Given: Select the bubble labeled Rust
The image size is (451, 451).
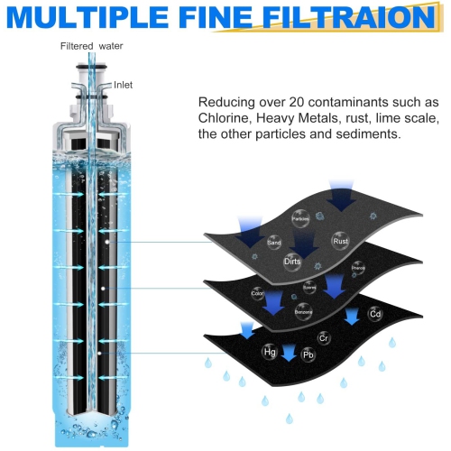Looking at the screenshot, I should pyautogui.click(x=341, y=241).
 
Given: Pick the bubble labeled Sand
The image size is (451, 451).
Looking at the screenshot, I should pyautogui.click(x=274, y=243).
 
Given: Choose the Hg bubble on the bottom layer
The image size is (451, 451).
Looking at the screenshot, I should pyautogui.click(x=269, y=351).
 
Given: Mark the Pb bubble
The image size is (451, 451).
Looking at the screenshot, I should pyautogui.click(x=308, y=356).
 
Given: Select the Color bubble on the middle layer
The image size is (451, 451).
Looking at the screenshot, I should pyautogui.click(x=259, y=292).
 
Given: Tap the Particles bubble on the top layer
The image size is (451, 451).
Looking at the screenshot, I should pyautogui.click(x=300, y=218).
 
